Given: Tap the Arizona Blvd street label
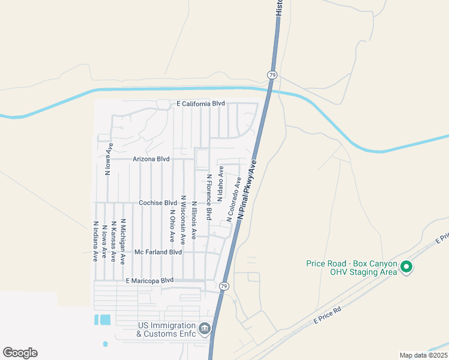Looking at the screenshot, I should [151, 160].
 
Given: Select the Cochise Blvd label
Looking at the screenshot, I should [158, 203].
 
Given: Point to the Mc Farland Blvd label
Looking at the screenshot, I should [158, 253].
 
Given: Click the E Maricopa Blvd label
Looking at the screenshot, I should [149, 280].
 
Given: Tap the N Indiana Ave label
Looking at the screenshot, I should [95, 242].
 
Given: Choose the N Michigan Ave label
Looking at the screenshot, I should [122, 242].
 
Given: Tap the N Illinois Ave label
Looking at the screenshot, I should [194, 220].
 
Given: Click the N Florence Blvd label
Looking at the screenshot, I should [209, 196].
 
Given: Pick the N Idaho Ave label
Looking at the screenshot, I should [221, 184].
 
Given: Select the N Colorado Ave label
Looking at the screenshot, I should [234, 199].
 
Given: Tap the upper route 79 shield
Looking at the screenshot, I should [272, 75].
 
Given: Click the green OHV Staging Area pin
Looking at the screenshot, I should [406, 266].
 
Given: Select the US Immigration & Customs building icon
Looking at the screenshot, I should [205, 328].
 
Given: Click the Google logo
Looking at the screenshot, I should [20, 353].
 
